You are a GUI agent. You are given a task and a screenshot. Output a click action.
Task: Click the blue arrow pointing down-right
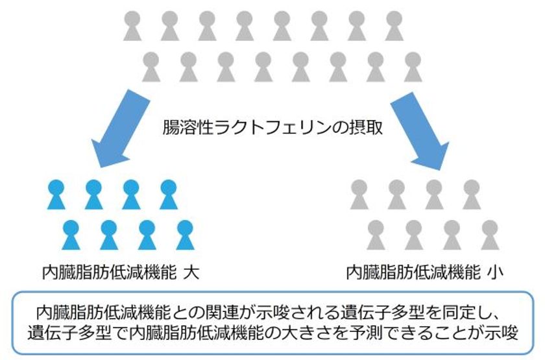point(420,131)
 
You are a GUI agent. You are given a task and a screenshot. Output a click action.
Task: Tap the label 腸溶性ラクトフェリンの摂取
point(273,127)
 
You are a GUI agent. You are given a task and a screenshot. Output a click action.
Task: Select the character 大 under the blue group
point(191,273)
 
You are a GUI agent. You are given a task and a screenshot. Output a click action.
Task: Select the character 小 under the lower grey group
point(495,273)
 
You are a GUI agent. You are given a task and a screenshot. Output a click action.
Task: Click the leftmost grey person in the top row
point(132,26)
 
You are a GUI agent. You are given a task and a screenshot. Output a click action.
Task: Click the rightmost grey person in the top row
point(394,26)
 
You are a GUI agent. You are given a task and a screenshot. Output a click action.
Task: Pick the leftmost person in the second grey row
point(151,67)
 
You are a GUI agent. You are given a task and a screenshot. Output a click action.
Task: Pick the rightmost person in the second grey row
point(413,67)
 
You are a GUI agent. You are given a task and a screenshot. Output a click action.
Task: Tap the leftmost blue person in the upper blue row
point(56,195)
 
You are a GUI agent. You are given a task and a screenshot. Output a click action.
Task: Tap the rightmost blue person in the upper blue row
point(169,195)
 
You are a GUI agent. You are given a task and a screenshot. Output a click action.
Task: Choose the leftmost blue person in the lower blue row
point(71,235)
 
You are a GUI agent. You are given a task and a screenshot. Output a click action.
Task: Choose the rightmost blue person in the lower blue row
point(185,235)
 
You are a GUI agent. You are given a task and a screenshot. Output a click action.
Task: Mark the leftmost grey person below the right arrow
point(359,195)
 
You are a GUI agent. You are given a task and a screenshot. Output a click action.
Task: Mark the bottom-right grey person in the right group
point(490,235)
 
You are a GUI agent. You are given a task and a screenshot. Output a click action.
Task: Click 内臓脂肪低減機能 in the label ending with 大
point(110,273)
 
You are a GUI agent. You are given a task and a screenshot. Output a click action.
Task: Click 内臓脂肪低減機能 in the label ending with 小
point(414,273)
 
